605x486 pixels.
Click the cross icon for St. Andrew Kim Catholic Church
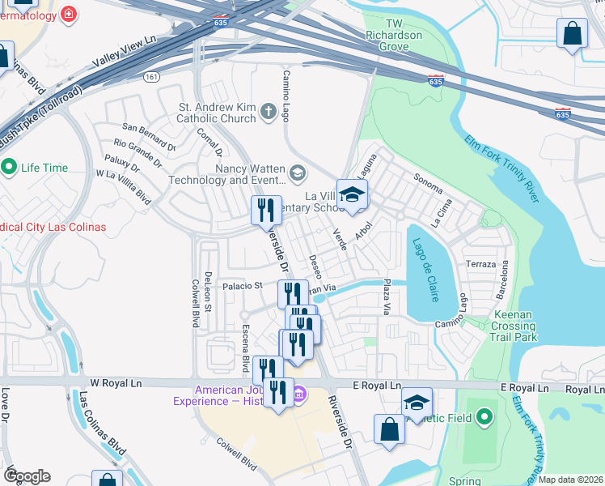[x=269, y=115]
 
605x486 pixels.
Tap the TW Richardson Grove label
[x=395, y=36]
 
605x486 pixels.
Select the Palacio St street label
[x=243, y=286]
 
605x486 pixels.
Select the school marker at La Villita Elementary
[x=352, y=195]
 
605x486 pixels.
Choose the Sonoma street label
[x=428, y=183]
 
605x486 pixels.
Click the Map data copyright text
[x=570, y=480]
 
